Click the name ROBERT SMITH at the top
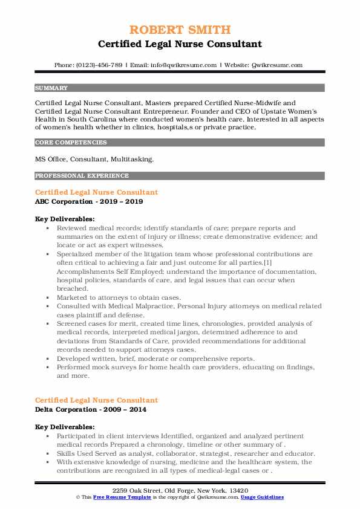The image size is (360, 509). click(x=180, y=29)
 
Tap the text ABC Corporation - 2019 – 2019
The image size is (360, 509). click(x=89, y=201)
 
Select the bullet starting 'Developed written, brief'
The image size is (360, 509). click(x=156, y=358)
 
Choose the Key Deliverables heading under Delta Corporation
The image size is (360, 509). click(x=65, y=426)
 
